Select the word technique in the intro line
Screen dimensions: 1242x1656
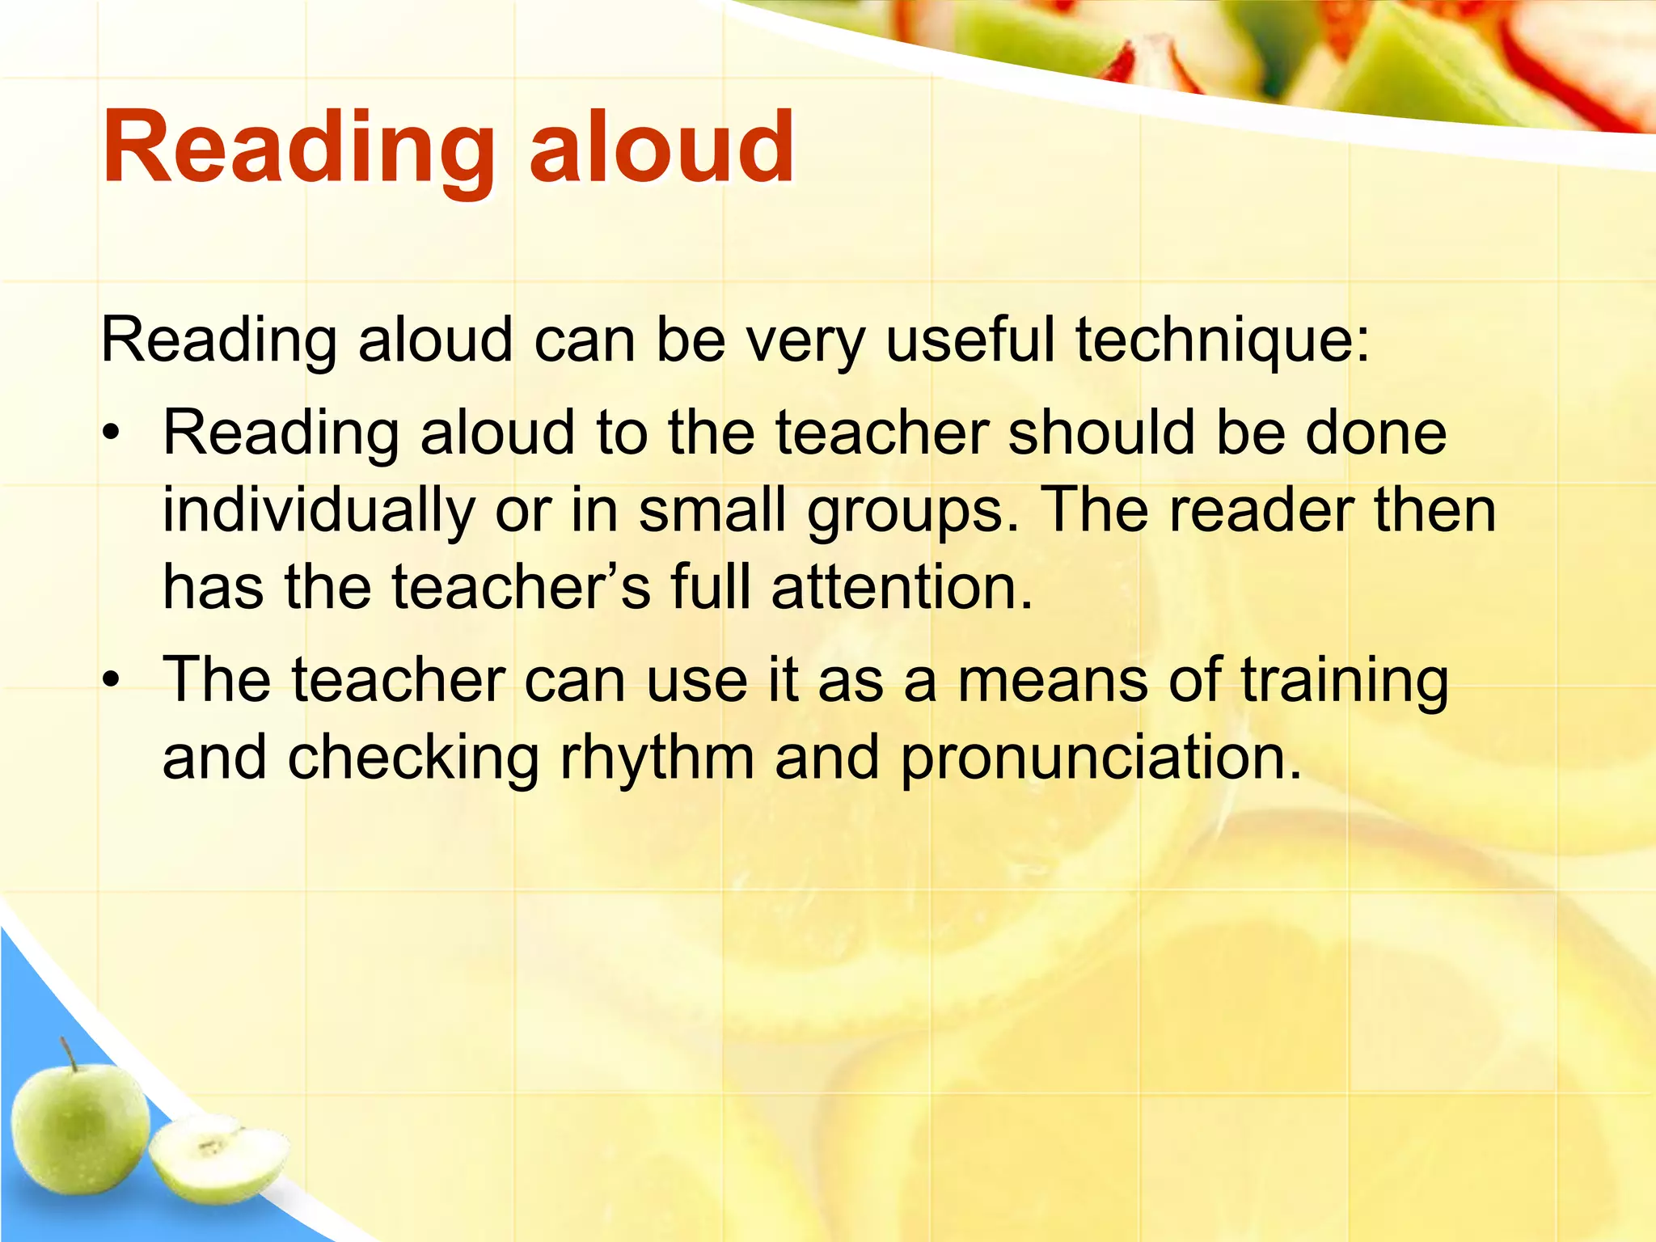(1222, 340)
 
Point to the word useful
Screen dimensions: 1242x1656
(970, 339)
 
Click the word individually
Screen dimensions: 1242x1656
(319, 512)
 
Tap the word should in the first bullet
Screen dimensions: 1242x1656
(1104, 433)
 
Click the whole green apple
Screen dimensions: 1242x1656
(81, 1129)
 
